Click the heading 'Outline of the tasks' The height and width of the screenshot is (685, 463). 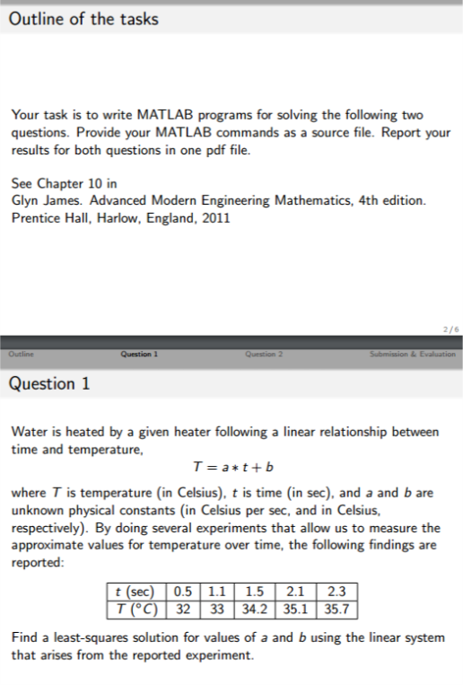tap(83, 19)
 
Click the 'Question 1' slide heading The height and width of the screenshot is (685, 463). tap(49, 383)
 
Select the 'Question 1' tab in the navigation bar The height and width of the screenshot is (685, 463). tap(138, 354)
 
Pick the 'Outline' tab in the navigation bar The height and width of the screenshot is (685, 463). tap(19, 354)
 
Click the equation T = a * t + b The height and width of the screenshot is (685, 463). tap(232, 469)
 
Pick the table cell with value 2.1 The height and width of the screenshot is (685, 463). tap(294, 591)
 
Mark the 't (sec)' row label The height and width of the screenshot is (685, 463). tap(131, 591)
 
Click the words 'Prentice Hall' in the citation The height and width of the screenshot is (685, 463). tap(46, 217)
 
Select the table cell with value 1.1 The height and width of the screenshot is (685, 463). tap(217, 591)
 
